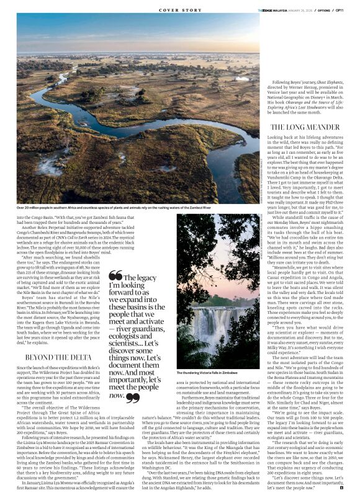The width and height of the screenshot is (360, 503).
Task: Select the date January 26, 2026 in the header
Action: coord(300,9)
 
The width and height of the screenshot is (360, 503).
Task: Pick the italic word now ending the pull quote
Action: coord(117,394)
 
